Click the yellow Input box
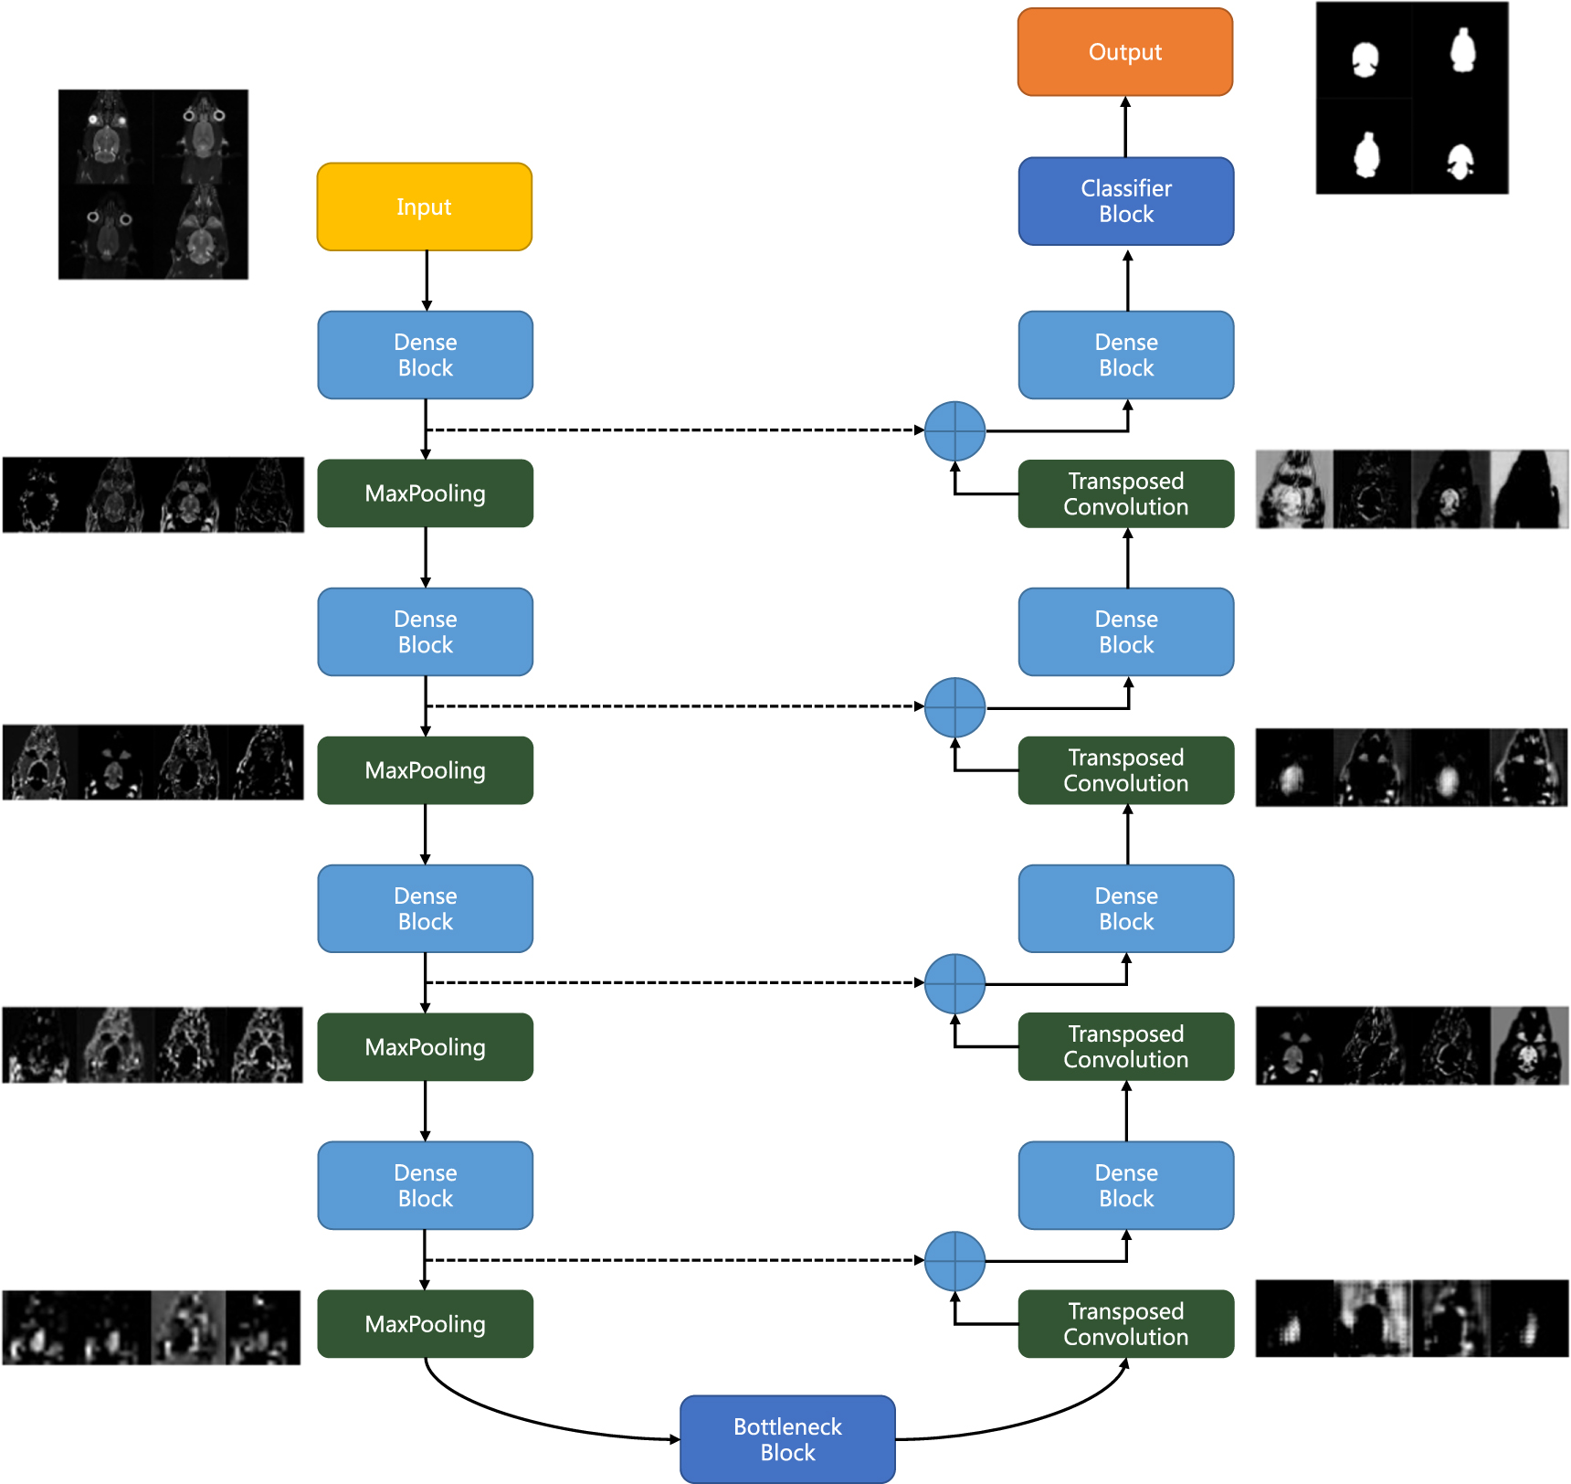pos(425,207)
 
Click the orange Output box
pos(1125,52)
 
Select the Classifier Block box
pos(1126,201)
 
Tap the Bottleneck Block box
pos(787,1439)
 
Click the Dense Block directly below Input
pos(425,355)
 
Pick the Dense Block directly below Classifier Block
pos(1126,355)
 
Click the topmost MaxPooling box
pos(425,493)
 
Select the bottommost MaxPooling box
pos(425,1324)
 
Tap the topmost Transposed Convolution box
pos(1126,493)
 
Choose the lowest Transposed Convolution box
pos(1126,1324)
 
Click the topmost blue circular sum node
pos(954,431)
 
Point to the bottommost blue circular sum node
pos(954,1261)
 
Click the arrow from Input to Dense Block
pos(427,281)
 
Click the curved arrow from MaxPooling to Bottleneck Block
pos(511,1413)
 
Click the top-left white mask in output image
pos(1365,60)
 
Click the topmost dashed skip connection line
pos(676,429)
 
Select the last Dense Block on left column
pos(425,1185)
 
